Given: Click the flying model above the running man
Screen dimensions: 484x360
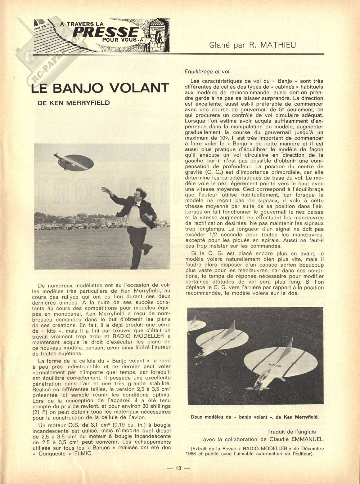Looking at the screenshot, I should (x=74, y=162).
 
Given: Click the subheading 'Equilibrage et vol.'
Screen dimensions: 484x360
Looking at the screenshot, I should (x=208, y=71).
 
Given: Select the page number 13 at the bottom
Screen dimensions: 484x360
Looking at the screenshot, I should (x=179, y=468).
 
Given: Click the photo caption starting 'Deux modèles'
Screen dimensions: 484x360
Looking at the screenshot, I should (x=255, y=417).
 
